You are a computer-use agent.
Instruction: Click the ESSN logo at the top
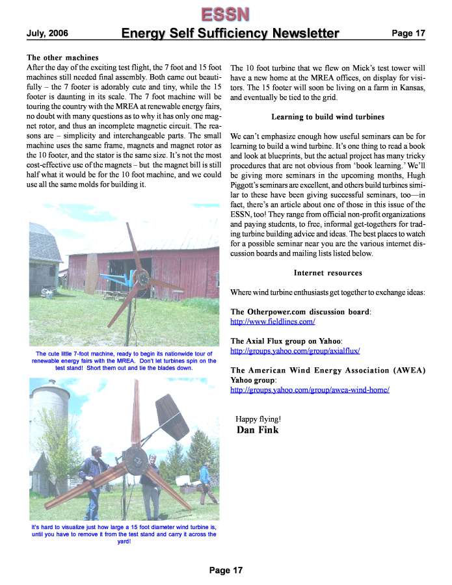[225, 14]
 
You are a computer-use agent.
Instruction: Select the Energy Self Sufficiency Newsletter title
[230, 33]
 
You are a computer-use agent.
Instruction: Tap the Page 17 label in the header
[408, 33]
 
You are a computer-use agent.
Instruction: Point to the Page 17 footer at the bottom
[226, 571]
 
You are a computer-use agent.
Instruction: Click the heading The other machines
[62, 58]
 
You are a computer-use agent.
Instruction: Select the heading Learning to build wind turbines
[328, 117]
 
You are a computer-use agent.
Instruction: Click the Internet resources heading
[328, 272]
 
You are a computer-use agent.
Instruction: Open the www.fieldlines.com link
[273, 321]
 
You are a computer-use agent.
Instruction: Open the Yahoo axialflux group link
[295, 350]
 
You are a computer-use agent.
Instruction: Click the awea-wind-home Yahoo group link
[310, 389]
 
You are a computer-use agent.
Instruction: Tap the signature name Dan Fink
[258, 430]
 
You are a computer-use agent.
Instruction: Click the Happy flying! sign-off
[258, 419]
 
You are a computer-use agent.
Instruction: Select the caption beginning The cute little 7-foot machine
[126, 361]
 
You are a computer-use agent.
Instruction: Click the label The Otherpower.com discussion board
[300, 311]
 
